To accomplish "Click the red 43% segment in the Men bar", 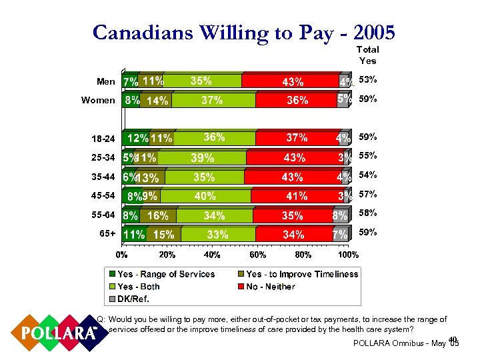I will (x=292, y=81).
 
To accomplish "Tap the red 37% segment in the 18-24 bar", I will (x=297, y=138).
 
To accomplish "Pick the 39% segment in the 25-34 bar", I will (x=203, y=158).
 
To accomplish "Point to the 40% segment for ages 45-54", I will (x=205, y=196).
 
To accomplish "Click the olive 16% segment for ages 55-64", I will (x=158, y=216).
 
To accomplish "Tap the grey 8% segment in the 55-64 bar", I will (x=339, y=216).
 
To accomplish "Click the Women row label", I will (x=98, y=101).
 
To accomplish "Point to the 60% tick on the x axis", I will (x=257, y=255).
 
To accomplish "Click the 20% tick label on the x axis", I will (x=167, y=255).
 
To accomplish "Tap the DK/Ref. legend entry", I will (x=134, y=299).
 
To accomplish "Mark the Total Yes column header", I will (x=367, y=55).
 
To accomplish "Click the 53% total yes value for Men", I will (x=367, y=80).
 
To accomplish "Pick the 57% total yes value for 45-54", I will (x=367, y=195).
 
